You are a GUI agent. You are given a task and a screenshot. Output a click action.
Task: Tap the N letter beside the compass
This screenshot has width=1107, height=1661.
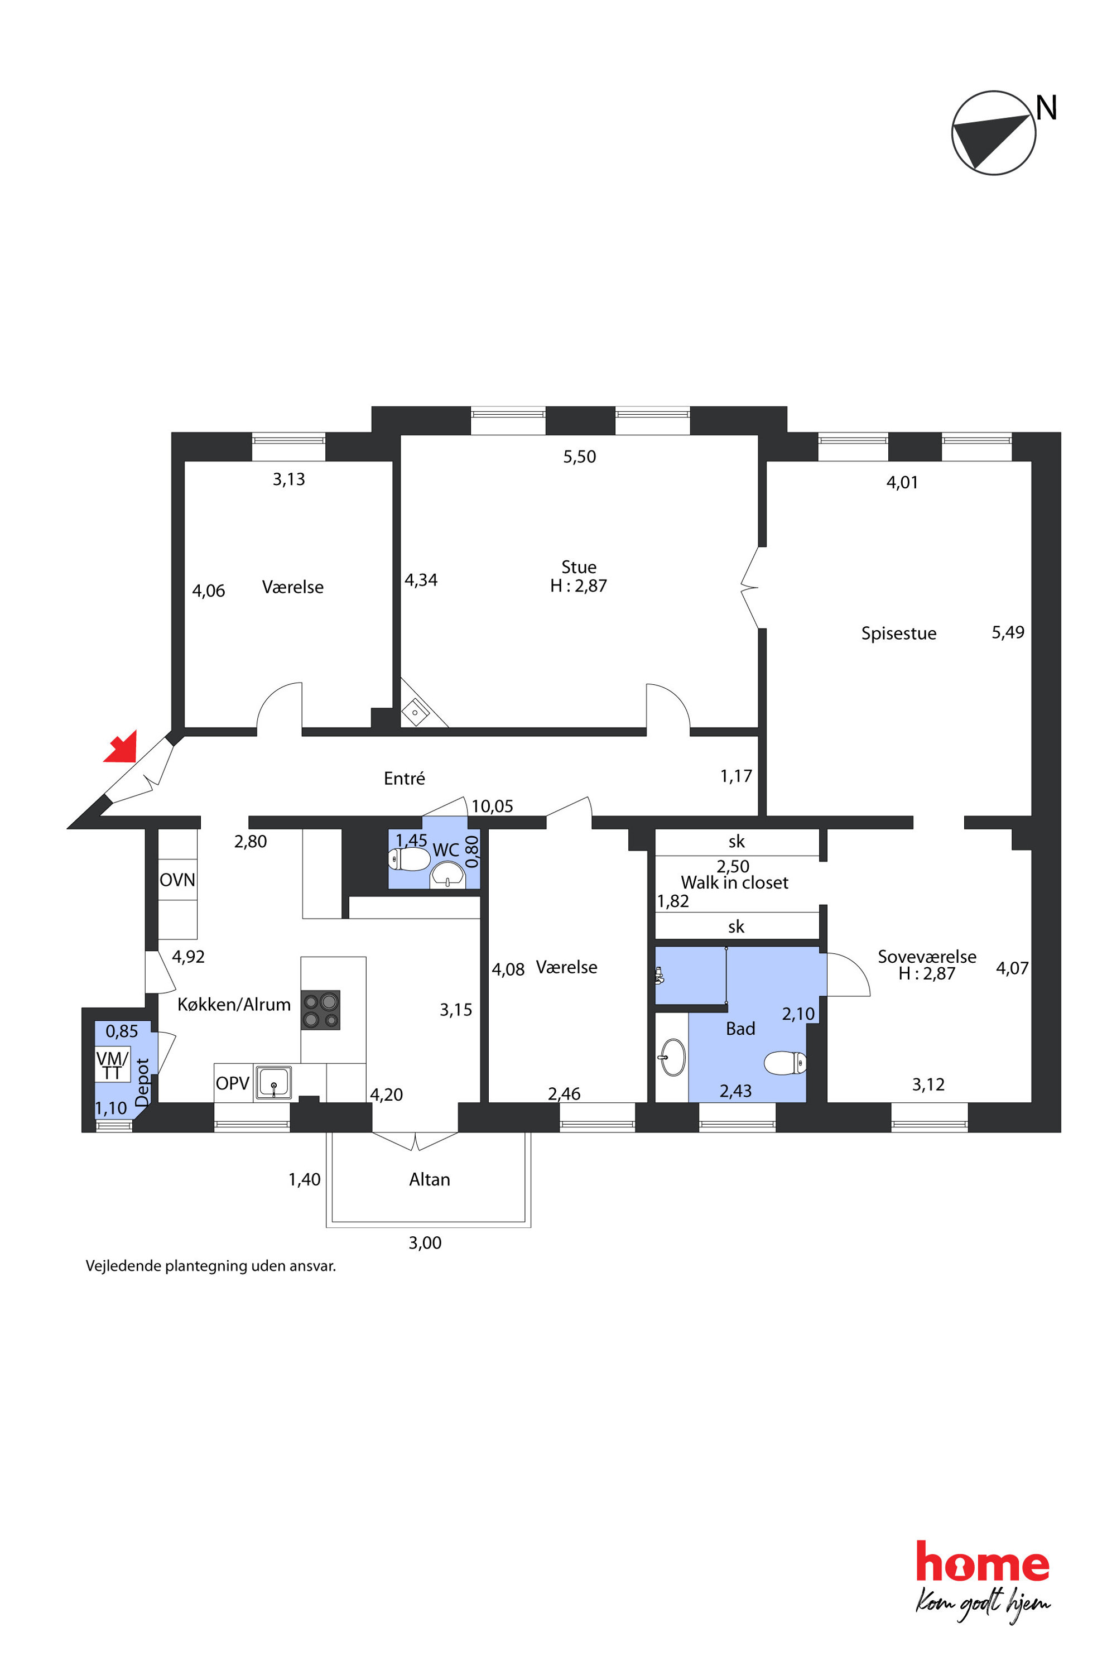click(1046, 108)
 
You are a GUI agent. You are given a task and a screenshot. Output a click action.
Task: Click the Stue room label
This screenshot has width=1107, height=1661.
click(579, 567)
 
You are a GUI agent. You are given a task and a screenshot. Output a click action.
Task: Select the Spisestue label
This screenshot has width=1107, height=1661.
click(899, 633)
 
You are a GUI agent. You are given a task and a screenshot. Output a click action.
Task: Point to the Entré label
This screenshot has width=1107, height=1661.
click(405, 778)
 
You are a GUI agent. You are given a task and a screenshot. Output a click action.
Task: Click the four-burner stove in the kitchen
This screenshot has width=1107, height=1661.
click(320, 1010)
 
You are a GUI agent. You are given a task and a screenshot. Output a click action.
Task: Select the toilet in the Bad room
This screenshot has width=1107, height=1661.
click(785, 1063)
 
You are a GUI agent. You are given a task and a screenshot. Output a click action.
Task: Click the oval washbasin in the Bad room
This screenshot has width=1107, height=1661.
click(673, 1057)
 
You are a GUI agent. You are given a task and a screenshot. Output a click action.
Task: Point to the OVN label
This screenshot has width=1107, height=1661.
click(177, 880)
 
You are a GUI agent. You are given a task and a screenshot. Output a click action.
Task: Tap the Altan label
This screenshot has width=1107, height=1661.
click(429, 1179)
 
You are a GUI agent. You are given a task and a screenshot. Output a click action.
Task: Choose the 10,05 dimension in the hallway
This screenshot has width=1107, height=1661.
click(492, 807)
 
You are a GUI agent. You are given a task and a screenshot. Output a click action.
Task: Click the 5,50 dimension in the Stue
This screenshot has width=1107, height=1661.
click(580, 457)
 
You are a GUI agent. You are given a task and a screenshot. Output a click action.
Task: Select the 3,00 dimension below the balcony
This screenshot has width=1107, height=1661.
click(425, 1243)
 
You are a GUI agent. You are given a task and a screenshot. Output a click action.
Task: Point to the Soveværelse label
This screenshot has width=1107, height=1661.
click(927, 956)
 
